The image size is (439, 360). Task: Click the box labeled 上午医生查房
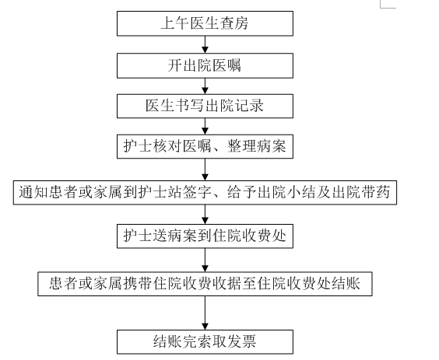point(205,23)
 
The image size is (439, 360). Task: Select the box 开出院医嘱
point(205,65)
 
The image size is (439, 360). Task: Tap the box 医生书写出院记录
point(205,106)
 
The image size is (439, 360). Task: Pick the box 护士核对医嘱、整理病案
point(205,146)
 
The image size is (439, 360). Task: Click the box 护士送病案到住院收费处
point(205,236)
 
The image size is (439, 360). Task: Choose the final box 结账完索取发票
point(205,342)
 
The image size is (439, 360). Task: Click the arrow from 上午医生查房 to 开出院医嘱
point(205,44)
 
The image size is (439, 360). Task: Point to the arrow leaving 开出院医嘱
point(205,86)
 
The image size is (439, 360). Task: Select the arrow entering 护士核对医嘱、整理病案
point(205,126)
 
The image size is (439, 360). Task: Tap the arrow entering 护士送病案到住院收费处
point(205,215)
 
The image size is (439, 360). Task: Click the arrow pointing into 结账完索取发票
point(205,313)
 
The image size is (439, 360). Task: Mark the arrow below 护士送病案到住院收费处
point(205,260)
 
